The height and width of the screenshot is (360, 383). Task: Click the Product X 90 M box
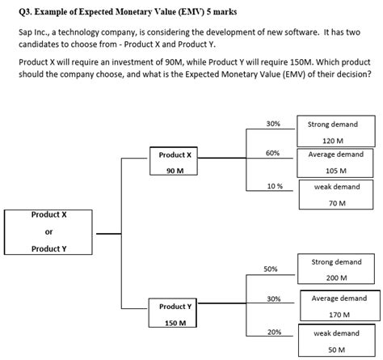click(x=175, y=162)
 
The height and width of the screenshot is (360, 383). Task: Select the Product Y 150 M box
click(x=175, y=314)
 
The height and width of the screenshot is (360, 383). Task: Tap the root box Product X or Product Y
click(x=48, y=231)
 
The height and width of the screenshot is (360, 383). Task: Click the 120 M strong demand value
click(x=333, y=140)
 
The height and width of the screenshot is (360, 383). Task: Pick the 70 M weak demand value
click(x=337, y=202)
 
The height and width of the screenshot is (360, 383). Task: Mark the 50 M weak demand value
click(x=337, y=349)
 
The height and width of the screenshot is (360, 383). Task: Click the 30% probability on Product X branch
click(x=273, y=124)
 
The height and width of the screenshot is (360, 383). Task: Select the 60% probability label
click(x=273, y=154)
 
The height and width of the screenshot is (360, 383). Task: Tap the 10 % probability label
click(x=274, y=185)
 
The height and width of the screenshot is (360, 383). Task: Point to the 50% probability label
click(x=270, y=268)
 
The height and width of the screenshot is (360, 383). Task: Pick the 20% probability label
click(x=274, y=332)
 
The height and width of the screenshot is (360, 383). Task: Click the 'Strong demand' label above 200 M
click(x=335, y=262)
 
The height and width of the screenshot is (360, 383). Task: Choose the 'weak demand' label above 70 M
click(x=337, y=187)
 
